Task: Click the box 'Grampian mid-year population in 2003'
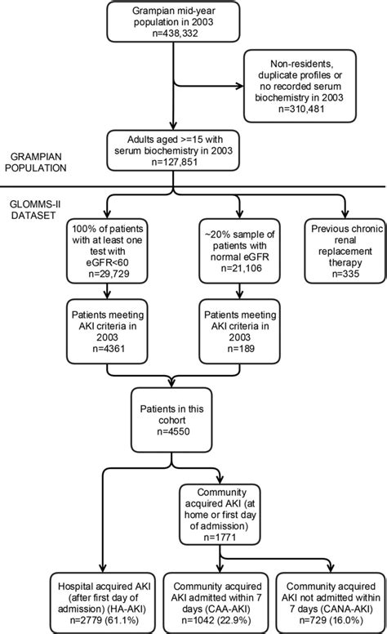tap(170, 26)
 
